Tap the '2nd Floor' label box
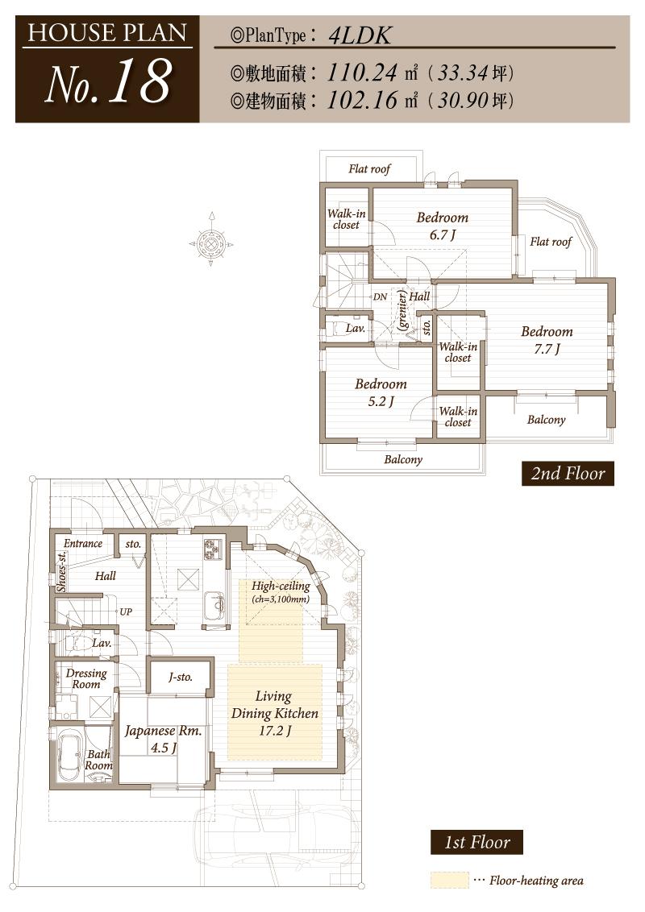point(568,473)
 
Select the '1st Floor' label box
point(476,843)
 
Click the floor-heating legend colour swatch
point(449,881)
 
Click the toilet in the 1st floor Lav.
point(76,643)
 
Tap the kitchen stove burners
point(213,549)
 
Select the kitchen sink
point(214,603)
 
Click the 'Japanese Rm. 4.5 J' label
point(162,739)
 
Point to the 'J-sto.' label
point(181,677)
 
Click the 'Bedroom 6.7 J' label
point(442,226)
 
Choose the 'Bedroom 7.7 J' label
point(546,339)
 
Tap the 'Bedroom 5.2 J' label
point(381,392)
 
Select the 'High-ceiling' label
point(280,586)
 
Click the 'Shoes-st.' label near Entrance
point(62,570)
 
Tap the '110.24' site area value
point(362,73)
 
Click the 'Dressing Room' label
point(86,678)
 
